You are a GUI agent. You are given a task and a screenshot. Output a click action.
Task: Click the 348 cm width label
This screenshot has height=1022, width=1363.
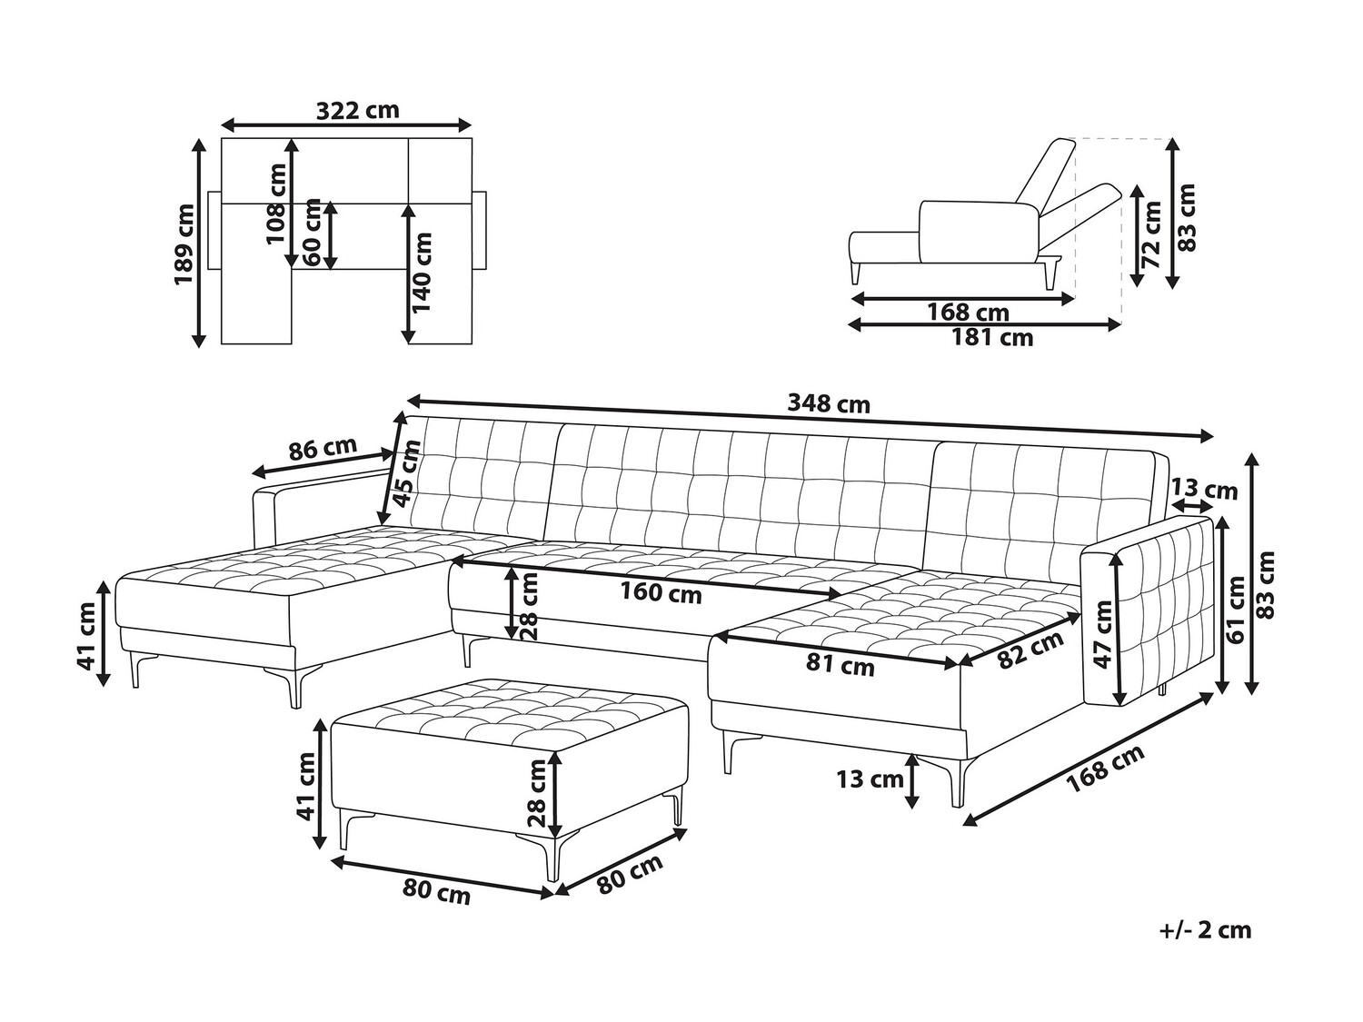829,404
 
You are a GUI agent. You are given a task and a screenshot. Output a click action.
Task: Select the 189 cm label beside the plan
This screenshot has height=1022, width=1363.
184,243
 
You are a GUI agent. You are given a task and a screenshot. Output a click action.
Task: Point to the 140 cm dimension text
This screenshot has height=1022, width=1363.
422,272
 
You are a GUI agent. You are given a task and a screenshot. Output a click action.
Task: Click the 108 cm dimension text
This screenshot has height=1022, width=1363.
275,203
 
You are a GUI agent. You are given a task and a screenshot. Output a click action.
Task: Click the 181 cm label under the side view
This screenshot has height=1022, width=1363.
992,338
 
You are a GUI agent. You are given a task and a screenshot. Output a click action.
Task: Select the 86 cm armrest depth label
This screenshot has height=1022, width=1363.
323,449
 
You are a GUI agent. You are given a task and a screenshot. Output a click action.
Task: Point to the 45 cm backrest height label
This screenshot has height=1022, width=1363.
407,472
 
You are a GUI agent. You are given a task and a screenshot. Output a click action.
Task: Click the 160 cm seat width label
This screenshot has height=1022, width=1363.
662,593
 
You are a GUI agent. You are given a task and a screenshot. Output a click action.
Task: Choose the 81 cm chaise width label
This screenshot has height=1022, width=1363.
841,665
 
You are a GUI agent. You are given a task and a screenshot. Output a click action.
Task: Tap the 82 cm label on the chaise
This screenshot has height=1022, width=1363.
1030,650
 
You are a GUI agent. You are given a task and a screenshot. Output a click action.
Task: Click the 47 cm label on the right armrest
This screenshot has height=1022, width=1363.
1103,633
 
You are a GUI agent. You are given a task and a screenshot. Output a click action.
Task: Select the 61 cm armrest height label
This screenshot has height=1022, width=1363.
1237,609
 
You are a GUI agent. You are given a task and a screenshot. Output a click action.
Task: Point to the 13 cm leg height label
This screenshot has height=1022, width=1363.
870,779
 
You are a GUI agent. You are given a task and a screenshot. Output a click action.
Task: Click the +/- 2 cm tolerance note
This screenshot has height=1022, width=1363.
1205,948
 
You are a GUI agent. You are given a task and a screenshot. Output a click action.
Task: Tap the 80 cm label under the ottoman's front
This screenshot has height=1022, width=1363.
436,894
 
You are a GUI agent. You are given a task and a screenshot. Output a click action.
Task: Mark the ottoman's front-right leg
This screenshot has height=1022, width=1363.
552,858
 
